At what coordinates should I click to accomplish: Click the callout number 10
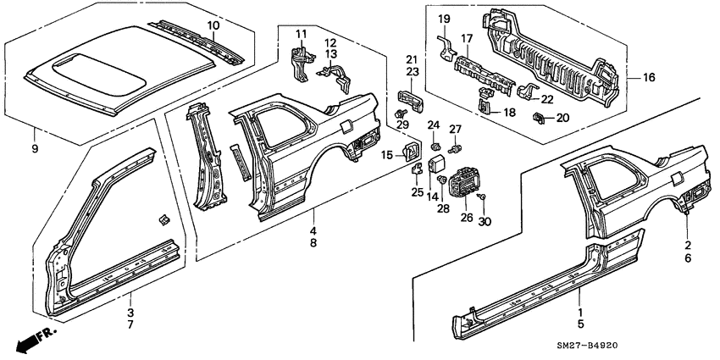point(213,14)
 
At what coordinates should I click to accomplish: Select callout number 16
point(650,78)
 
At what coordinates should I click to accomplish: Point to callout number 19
point(444,19)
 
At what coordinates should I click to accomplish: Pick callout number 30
point(484,222)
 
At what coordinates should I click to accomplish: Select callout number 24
point(434,126)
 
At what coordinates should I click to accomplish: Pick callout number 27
point(454,129)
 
